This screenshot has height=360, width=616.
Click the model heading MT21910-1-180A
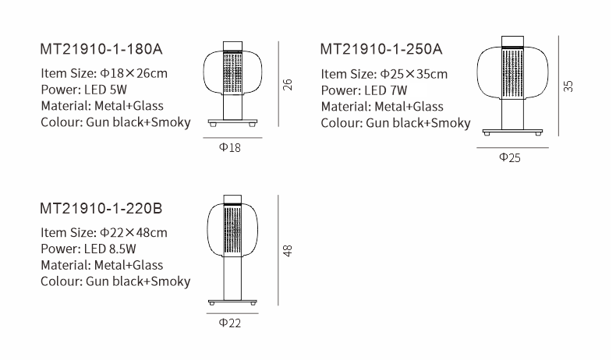[x=101, y=49]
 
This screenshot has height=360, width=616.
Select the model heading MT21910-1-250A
[x=381, y=49]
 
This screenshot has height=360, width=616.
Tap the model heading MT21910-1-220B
[x=101, y=208]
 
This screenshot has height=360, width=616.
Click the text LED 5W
[x=105, y=90]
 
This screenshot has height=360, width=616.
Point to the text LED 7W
[x=386, y=90]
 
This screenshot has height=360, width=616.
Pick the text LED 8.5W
[x=110, y=249]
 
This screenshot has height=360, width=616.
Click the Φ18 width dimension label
[x=230, y=147]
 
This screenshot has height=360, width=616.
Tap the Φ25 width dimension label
[x=510, y=158]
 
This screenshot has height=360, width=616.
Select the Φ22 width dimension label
[x=230, y=323]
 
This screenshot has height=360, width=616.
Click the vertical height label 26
[x=288, y=85]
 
